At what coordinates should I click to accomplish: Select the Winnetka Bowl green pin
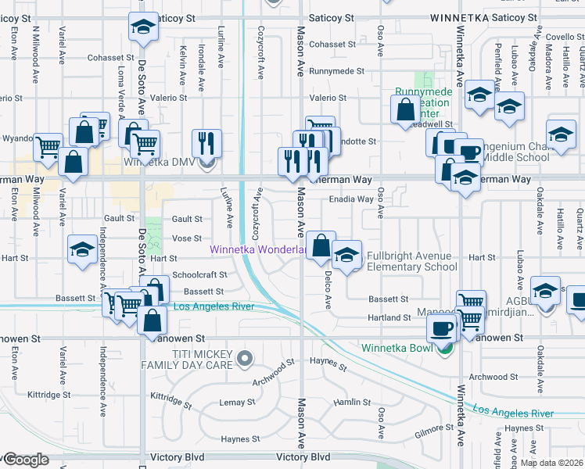pyautogui.click(x=446, y=349)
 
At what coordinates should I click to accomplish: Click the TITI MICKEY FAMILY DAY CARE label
pyautogui.click(x=188, y=360)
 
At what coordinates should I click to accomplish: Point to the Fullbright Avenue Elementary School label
pyautogui.click(x=409, y=261)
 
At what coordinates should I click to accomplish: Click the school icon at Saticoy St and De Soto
pyautogui.click(x=142, y=28)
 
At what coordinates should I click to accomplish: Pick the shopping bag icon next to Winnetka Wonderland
pyautogui.click(x=321, y=245)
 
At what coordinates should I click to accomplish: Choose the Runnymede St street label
pyautogui.click(x=336, y=70)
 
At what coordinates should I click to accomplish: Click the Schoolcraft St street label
pyautogui.click(x=199, y=275)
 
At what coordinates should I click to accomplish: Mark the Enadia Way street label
pyautogui.click(x=350, y=199)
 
